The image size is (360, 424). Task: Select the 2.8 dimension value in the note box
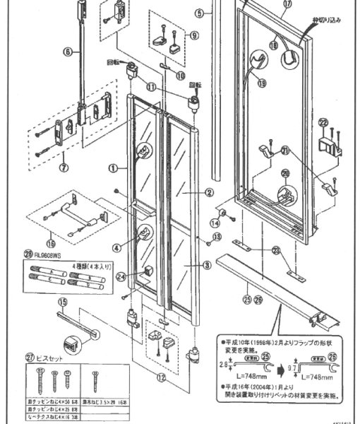222,364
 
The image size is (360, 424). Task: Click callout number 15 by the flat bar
61,302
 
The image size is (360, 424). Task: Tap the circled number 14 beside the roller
212,222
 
